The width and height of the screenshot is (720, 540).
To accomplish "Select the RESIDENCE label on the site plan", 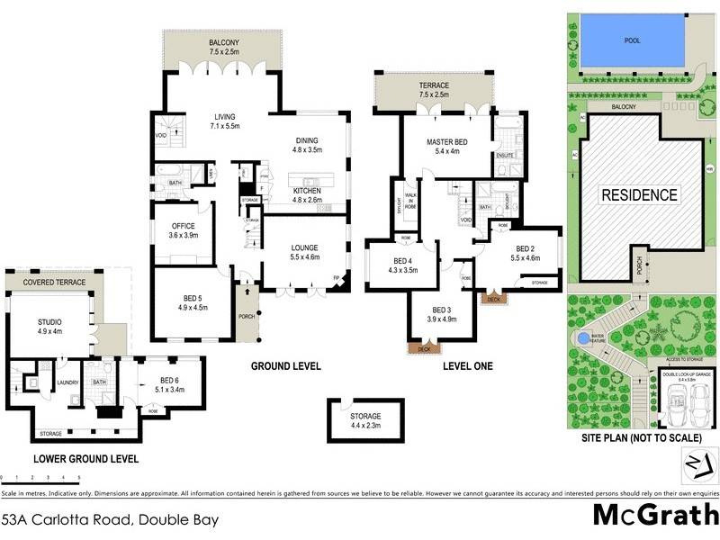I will point(639,194).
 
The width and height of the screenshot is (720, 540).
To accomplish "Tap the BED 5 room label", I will point(193,301).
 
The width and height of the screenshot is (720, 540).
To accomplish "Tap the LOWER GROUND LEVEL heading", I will point(85,458).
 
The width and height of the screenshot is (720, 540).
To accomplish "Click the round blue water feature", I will point(584,338).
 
